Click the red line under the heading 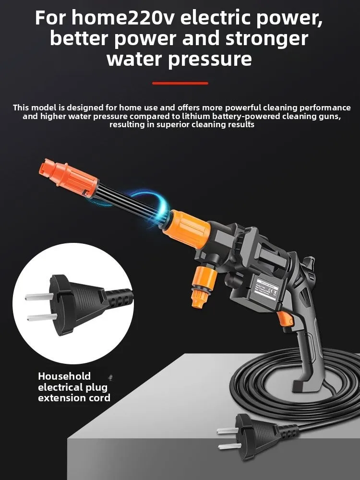coord(180,83)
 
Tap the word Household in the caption coord(64,376)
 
